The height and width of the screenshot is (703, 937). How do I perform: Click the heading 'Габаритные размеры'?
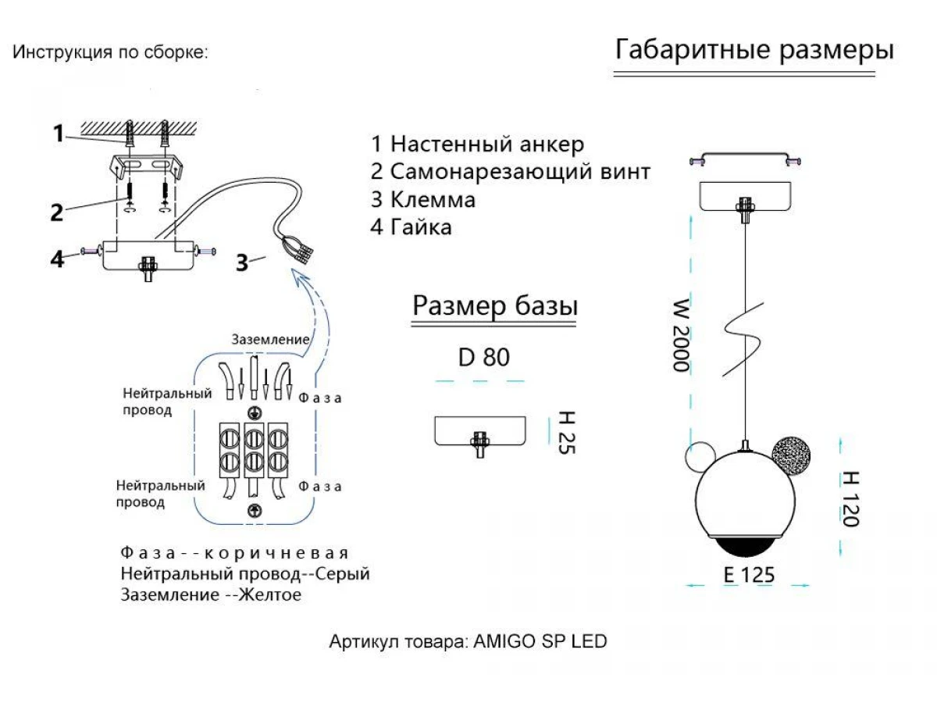754,50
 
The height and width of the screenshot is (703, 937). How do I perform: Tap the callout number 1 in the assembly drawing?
59,134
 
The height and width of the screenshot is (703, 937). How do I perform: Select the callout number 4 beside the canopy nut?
57,259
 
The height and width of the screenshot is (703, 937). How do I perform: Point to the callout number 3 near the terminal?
243,263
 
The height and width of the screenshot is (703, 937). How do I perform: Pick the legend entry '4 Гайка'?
411,227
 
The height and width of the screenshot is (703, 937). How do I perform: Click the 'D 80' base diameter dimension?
484,358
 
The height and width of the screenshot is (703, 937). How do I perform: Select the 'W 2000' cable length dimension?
682,334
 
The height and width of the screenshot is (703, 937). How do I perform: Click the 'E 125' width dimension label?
749,575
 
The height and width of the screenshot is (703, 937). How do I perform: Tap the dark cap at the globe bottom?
743,544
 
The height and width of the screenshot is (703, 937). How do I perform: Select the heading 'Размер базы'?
495,306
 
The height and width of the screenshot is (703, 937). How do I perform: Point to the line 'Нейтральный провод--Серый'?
245,574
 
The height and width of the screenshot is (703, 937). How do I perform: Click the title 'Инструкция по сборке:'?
111,53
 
